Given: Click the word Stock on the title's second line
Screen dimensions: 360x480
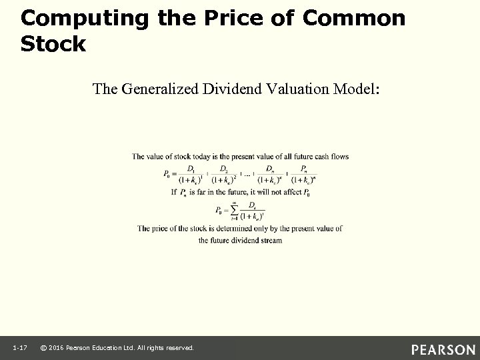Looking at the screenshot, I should (x=53, y=45).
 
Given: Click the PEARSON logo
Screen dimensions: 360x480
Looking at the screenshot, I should (x=443, y=349).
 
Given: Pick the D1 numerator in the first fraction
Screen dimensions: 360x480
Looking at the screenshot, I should (x=192, y=169).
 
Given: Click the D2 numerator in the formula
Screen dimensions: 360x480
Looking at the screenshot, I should (x=223, y=169).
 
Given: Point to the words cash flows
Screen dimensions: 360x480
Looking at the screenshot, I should (x=331, y=157).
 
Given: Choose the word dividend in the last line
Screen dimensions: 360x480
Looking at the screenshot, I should (x=247, y=240).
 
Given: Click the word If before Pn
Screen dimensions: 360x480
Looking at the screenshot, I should (x=175, y=193).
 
